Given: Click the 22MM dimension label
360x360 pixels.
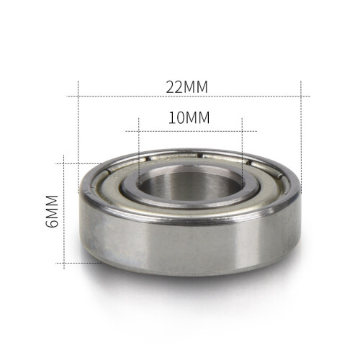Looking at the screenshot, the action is [186, 87].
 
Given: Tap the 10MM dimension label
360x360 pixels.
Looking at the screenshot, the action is [189, 117].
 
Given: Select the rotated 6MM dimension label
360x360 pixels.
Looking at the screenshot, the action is [52, 211].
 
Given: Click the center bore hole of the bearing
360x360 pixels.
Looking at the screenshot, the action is [190, 185].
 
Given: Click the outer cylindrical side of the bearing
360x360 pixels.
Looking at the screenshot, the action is [189, 247].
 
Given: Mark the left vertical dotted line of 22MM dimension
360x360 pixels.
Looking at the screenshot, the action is [78, 137].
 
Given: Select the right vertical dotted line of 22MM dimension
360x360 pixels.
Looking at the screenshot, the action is [301, 138].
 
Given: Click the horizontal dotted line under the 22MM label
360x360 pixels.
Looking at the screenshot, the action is [188, 96].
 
